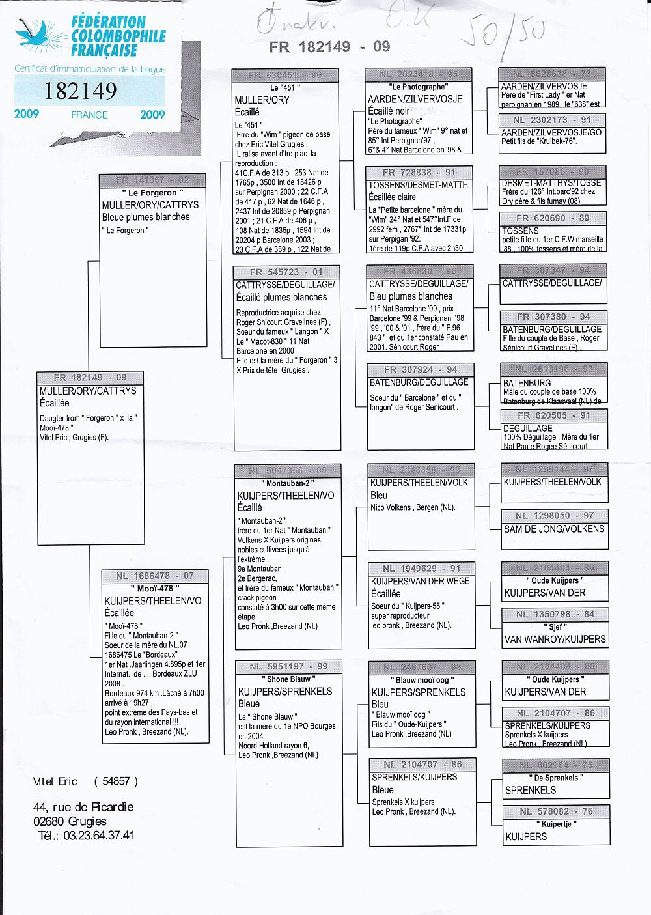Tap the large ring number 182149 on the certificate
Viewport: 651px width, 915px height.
81,91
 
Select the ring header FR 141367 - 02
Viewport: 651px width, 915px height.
152,180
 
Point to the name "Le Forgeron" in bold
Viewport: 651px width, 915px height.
152,193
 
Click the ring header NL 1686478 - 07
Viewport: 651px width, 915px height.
155,576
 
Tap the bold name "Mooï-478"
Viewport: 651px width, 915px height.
155,589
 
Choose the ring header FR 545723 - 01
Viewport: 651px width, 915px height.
286,272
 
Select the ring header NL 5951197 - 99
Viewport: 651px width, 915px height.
288,666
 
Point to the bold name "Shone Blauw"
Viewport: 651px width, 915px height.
288,679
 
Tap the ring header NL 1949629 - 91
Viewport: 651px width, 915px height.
421,569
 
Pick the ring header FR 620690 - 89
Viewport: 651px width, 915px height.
553,218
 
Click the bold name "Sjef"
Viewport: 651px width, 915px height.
555,627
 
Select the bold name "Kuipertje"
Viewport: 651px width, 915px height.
557,824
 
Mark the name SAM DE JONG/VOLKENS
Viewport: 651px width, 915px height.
554,529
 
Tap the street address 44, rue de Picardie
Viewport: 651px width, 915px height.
83,807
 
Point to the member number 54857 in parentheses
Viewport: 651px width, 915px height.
116,781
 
